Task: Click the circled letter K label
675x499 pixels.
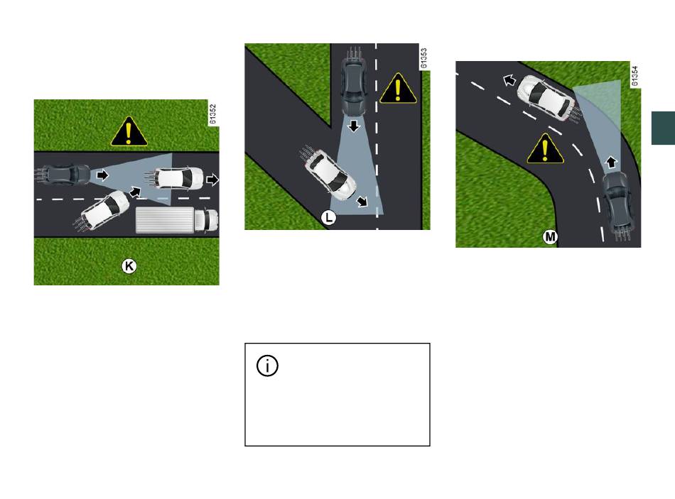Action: [129, 266]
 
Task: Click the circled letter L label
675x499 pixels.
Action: [328, 218]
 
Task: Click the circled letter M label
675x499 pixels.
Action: [550, 236]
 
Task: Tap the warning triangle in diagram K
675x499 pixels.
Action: [129, 132]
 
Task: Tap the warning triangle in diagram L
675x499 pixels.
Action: [398, 89]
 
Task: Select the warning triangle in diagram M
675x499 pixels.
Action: [546, 149]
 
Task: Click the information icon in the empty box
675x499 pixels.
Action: [267, 366]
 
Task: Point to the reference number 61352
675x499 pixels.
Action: [212, 114]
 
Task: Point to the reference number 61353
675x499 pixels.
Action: [423, 58]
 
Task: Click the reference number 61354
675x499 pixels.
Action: [634, 76]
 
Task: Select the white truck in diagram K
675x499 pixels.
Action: [177, 220]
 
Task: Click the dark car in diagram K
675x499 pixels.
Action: [63, 175]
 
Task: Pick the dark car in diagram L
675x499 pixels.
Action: [353, 82]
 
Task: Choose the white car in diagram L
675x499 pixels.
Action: [328, 172]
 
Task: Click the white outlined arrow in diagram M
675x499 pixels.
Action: [509, 79]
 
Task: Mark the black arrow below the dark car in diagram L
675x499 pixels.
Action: [354, 126]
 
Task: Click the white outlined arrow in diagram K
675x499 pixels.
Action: [212, 180]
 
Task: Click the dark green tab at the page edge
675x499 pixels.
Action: [663, 128]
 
